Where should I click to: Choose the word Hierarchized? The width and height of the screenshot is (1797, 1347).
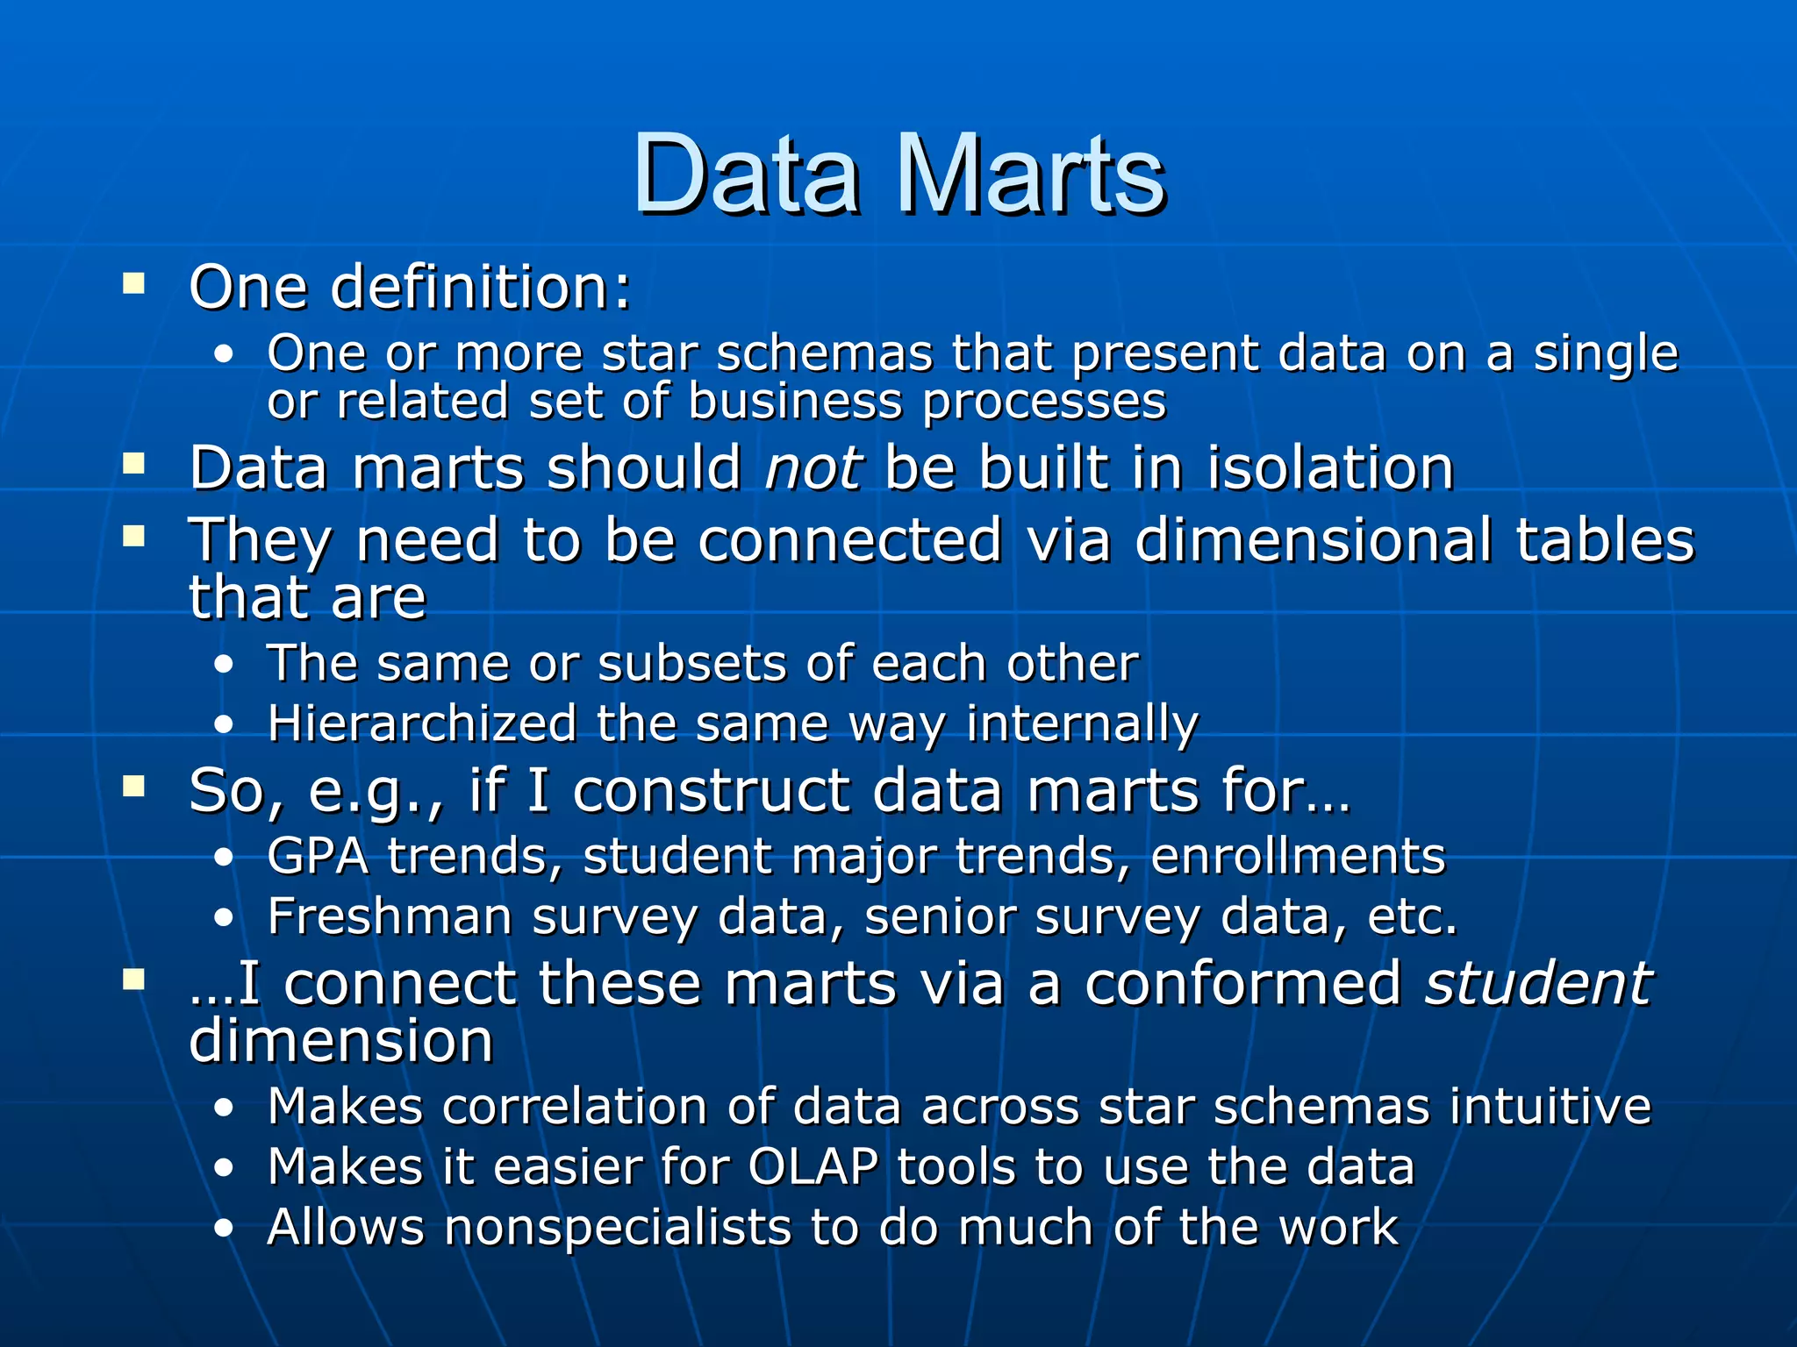point(422,724)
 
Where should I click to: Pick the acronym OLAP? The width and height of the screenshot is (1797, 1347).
point(813,1167)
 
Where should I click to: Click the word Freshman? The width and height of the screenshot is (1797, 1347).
point(390,917)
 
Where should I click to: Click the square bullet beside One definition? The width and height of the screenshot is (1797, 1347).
point(134,283)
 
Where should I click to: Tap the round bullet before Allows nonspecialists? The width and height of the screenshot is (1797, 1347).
point(225,1229)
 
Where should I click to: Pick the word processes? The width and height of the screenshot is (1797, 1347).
point(1044,403)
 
